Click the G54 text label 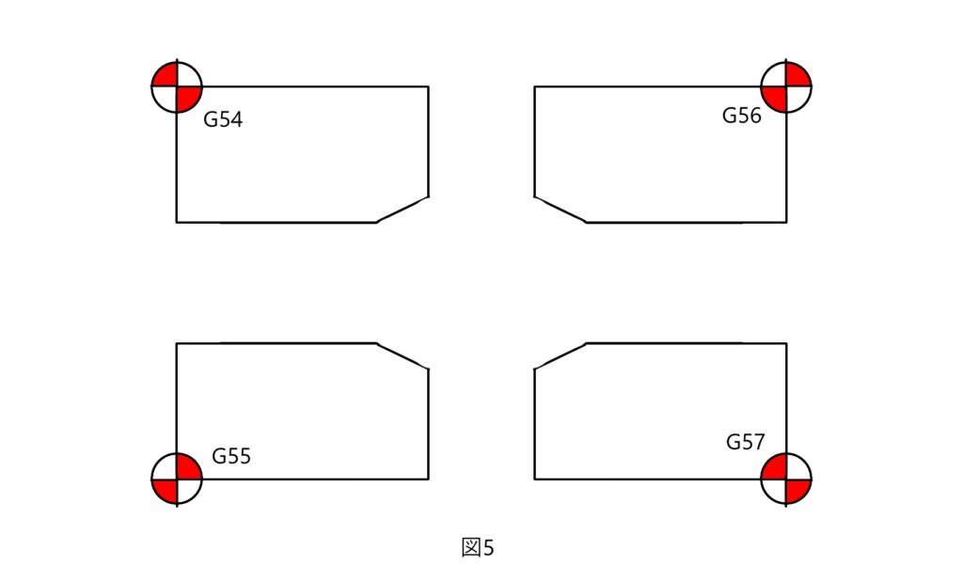click(x=223, y=119)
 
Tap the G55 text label click(x=231, y=456)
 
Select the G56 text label click(x=742, y=116)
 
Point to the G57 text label click(x=746, y=441)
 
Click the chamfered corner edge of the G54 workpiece click(x=403, y=210)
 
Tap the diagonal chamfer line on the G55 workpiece click(x=403, y=356)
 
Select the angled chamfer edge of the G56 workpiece click(x=560, y=210)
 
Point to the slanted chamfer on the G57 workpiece click(x=560, y=356)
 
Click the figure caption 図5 click(x=477, y=547)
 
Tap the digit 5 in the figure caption click(x=488, y=547)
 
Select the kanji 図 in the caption click(x=471, y=547)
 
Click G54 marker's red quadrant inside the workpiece click(x=187, y=97)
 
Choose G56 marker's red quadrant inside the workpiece click(x=776, y=97)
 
